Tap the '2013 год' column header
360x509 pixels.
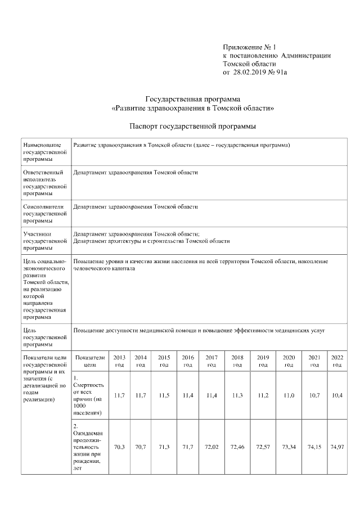click(119, 361)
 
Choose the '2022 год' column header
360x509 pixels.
click(337, 361)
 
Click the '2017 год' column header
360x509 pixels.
click(211, 361)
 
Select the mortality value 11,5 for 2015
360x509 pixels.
click(164, 395)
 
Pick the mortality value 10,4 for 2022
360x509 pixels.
click(337, 395)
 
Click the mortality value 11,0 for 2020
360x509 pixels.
click(288, 395)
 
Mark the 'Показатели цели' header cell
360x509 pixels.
click(89, 361)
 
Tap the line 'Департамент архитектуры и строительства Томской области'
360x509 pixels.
click(152, 241)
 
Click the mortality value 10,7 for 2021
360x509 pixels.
click(314, 395)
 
